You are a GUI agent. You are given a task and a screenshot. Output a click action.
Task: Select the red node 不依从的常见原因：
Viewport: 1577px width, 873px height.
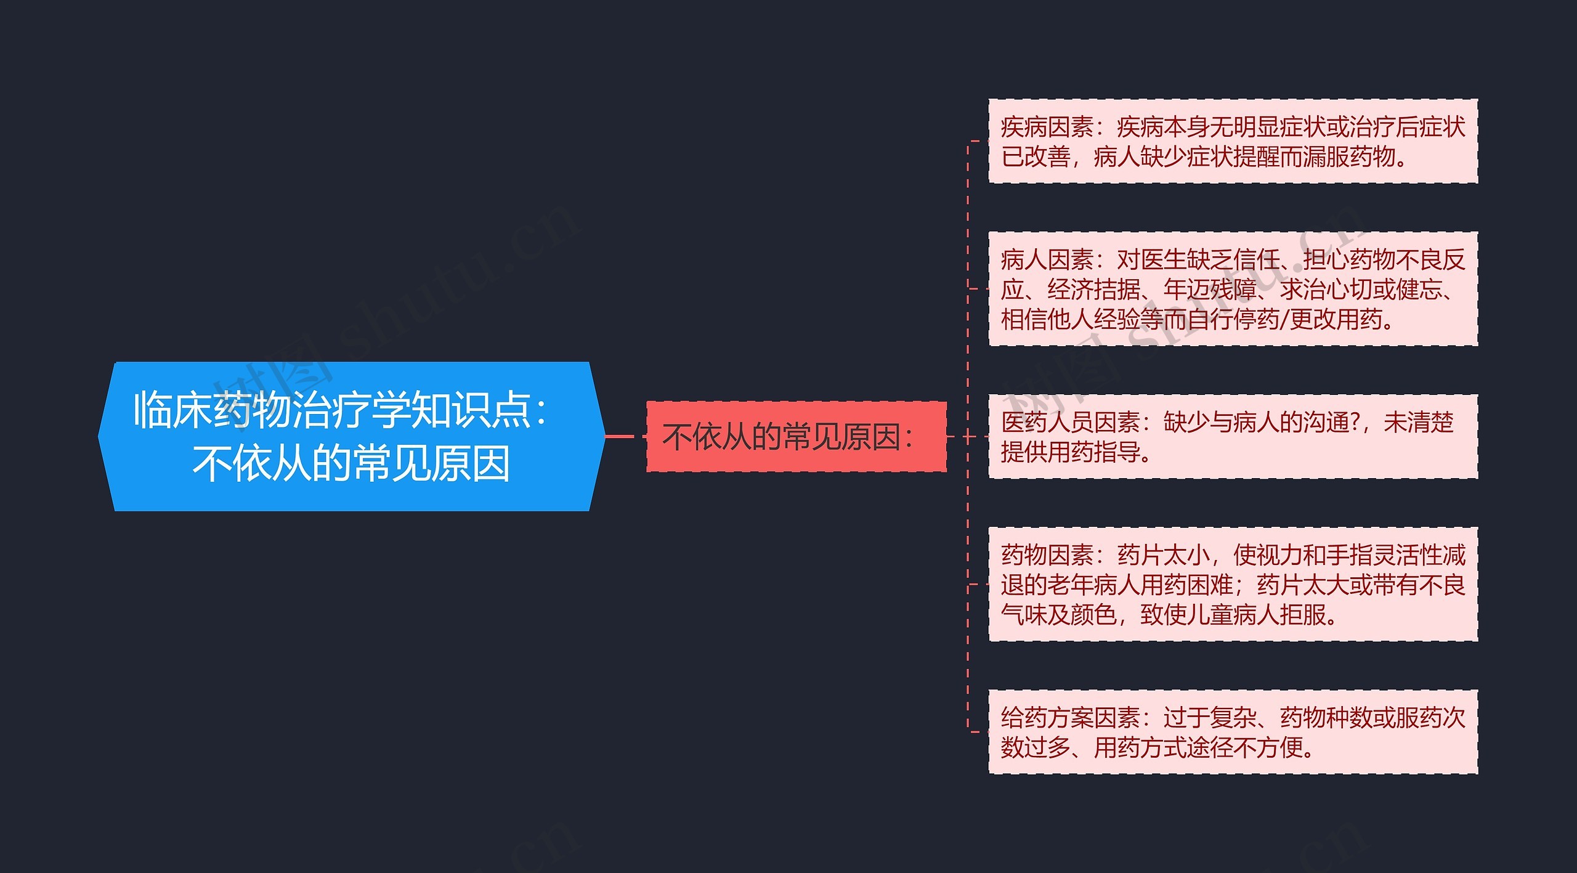click(x=795, y=437)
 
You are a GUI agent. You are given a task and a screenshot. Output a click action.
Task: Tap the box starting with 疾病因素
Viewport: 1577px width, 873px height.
click(x=1233, y=141)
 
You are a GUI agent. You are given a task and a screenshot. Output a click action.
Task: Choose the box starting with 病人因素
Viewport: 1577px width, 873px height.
click(x=1233, y=288)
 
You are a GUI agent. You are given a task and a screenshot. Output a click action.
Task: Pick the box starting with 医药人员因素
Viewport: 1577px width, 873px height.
click(x=1233, y=437)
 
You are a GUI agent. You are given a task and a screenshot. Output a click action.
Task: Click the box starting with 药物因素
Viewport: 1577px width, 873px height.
click(x=1233, y=584)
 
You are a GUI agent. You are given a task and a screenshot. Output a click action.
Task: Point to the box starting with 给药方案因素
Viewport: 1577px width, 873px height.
click(x=1233, y=732)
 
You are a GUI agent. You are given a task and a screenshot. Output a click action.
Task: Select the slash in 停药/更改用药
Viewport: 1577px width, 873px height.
click(x=1284, y=320)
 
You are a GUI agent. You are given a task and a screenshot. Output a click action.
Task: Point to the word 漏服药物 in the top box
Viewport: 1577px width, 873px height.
click(x=1349, y=157)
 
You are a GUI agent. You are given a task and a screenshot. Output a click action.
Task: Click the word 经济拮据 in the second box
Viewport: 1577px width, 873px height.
click(x=1094, y=290)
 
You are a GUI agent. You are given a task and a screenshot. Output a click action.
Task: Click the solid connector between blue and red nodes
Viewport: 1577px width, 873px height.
click(x=619, y=436)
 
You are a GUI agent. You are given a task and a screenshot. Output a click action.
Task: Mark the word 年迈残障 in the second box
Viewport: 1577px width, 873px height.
click(x=1210, y=290)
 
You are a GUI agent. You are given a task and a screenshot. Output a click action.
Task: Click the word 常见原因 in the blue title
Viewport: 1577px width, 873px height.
click(x=431, y=463)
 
